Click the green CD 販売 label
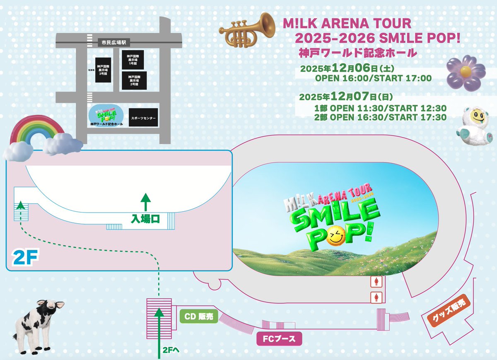[x=199, y=317]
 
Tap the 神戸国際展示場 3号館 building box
[x=103, y=69]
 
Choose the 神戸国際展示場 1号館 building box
[x=133, y=60]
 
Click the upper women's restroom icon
[x=376, y=282]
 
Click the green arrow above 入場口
[x=145, y=203]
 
